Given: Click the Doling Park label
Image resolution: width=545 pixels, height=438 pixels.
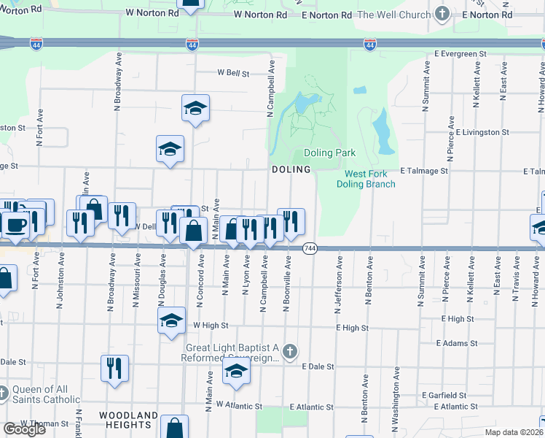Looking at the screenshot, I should pyautogui.click(x=329, y=153).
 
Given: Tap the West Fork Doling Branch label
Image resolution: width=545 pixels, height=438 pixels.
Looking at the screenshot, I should pyautogui.click(x=366, y=179).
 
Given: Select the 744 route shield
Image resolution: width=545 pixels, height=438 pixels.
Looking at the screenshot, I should pyautogui.click(x=309, y=248).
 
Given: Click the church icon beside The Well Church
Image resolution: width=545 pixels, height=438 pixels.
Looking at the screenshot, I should pyautogui.click(x=442, y=14).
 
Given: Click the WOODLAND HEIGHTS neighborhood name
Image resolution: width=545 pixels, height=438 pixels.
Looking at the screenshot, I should pyautogui.click(x=128, y=420).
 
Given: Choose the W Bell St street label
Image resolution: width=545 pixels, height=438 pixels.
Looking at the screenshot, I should pyautogui.click(x=233, y=74).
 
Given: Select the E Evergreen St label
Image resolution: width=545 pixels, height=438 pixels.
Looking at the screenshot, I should pyautogui.click(x=460, y=54).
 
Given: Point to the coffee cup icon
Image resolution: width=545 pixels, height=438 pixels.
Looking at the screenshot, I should pyautogui.click(x=16, y=224).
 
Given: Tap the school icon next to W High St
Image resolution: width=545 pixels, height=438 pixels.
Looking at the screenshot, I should pyautogui.click(x=171, y=320).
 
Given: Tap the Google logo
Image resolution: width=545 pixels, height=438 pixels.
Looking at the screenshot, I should pyautogui.click(x=24, y=429).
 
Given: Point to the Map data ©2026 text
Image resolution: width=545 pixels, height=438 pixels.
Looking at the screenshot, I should pyautogui.click(x=514, y=432).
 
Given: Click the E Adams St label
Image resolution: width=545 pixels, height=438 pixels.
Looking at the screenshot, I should pyautogui.click(x=456, y=342).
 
